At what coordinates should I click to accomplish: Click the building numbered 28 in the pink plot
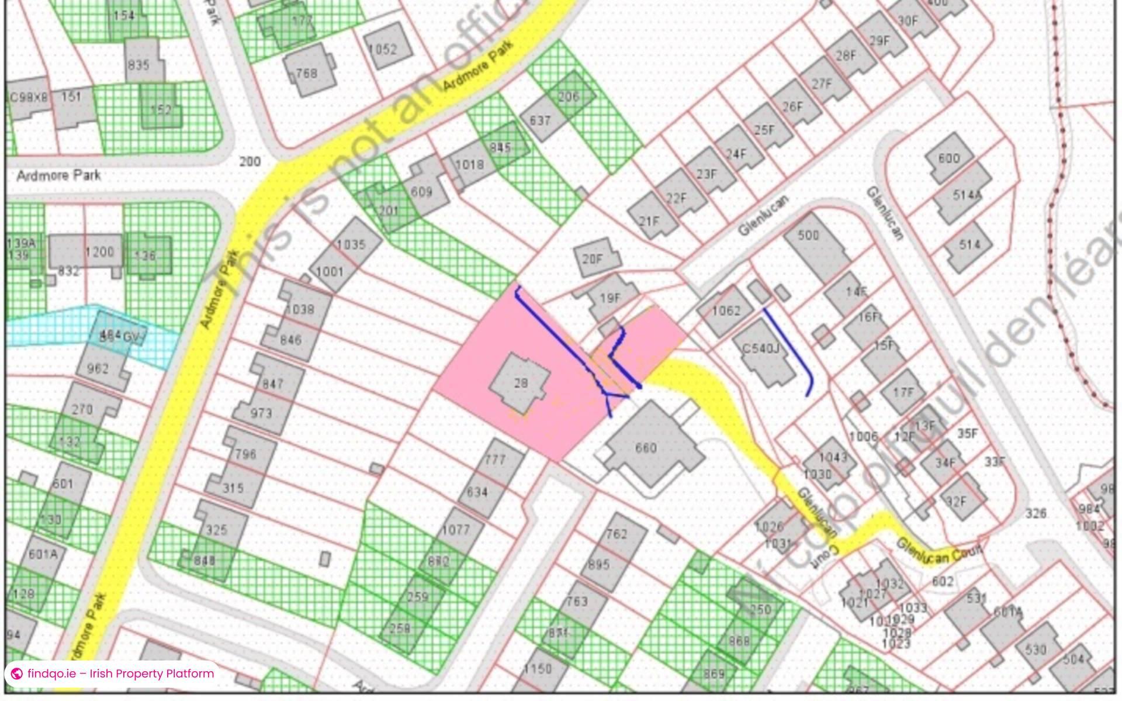click(x=520, y=383)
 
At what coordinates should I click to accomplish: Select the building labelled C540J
click(x=761, y=350)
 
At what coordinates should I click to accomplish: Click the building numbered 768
click(x=306, y=72)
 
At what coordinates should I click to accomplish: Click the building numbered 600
click(x=949, y=158)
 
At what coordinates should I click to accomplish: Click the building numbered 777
click(x=494, y=460)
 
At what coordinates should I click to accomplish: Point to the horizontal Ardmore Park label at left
click(x=58, y=175)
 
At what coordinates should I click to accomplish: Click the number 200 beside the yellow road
click(x=250, y=161)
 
